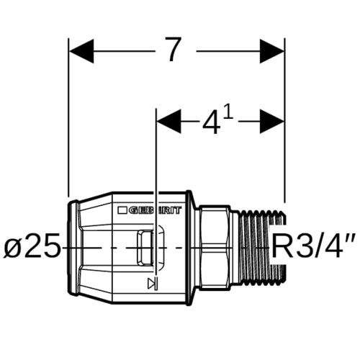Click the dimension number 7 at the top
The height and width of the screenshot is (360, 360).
172,50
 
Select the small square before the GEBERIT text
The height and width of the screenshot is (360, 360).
122,210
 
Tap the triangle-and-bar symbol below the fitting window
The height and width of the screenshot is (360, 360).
153,283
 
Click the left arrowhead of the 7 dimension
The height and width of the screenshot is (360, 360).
81,51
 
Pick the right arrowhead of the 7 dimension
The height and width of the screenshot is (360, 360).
272,51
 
